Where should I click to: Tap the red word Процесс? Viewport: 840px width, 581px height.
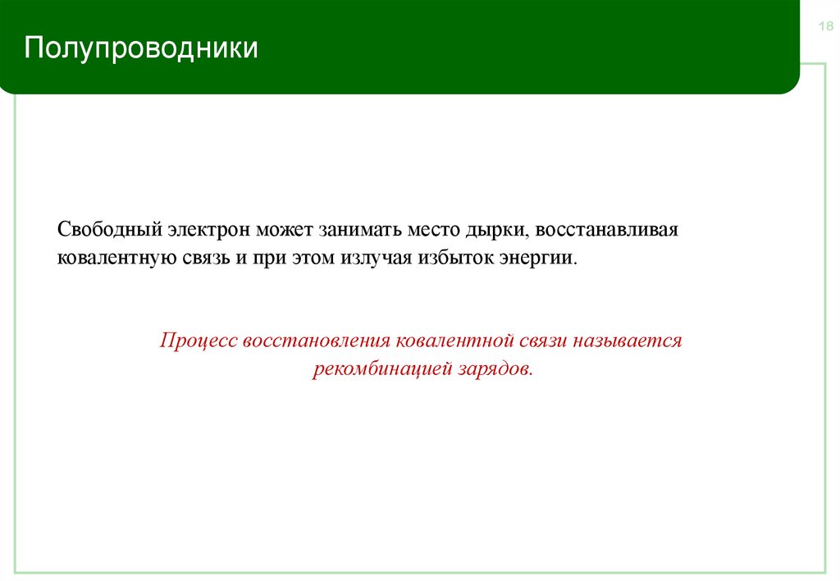[196, 340]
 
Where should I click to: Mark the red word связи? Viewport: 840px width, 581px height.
[537, 340]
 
